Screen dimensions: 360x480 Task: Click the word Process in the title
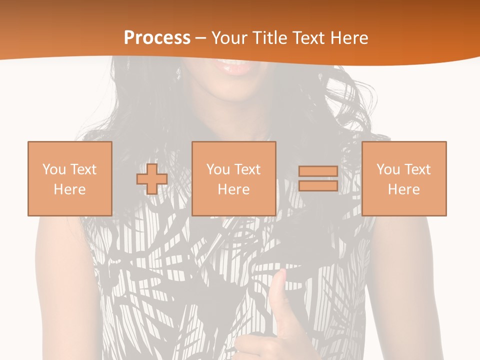tap(157, 38)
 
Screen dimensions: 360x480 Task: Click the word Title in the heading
tap(270, 38)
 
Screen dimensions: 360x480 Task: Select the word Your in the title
tap(230, 38)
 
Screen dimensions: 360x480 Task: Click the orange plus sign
tap(152, 179)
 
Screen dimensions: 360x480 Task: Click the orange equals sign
tap(318, 179)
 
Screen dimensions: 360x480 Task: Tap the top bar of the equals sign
tap(318, 171)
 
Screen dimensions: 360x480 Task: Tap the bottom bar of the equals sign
tap(318, 186)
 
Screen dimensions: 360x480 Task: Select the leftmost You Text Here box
tap(70, 178)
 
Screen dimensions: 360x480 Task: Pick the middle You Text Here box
tap(234, 178)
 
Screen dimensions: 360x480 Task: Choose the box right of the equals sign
tap(404, 178)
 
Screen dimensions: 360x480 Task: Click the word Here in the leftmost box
tap(70, 189)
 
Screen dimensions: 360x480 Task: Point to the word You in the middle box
tap(218, 169)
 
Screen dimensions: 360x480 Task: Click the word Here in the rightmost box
tap(404, 189)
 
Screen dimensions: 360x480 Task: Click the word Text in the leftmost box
tap(83, 169)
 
